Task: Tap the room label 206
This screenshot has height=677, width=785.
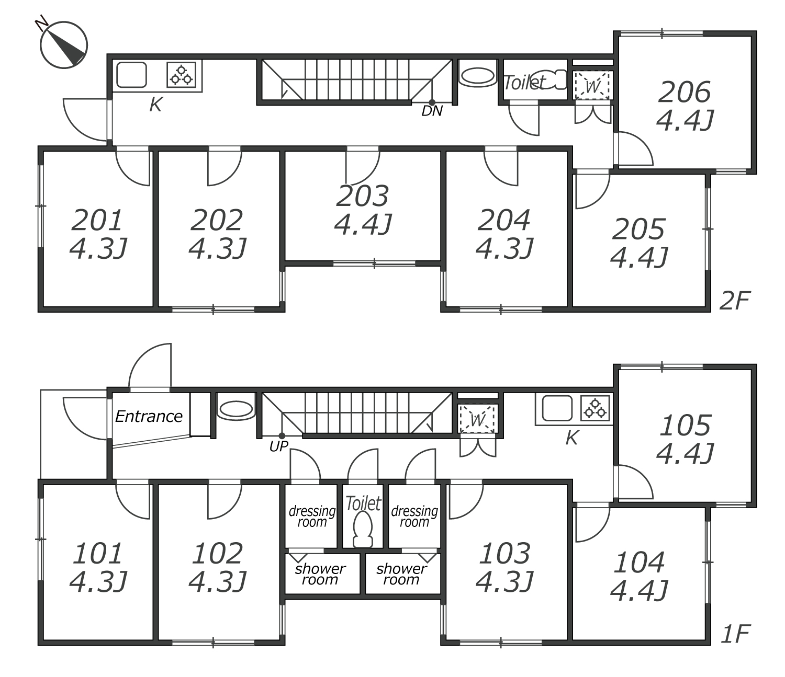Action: (x=685, y=92)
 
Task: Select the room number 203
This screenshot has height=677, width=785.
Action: (x=363, y=196)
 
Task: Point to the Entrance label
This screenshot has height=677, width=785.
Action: (x=149, y=417)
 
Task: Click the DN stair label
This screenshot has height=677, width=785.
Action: (x=432, y=111)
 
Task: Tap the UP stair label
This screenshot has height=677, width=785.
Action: (x=279, y=446)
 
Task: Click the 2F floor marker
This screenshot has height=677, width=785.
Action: (x=735, y=301)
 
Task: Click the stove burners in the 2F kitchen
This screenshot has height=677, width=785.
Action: (x=181, y=75)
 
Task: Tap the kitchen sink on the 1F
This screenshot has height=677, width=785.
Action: (x=557, y=408)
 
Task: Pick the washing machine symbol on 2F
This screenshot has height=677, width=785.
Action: (x=592, y=85)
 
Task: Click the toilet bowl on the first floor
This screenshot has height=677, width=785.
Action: (x=363, y=530)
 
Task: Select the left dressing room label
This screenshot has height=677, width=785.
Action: (x=312, y=517)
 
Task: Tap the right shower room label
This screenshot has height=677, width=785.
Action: (x=401, y=574)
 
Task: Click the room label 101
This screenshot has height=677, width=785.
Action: (x=98, y=553)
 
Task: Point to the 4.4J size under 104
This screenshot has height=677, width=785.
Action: (x=639, y=590)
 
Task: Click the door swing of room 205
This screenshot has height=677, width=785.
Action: (x=598, y=197)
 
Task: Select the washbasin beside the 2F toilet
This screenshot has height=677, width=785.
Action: (x=477, y=77)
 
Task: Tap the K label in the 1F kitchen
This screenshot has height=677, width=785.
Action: (x=572, y=438)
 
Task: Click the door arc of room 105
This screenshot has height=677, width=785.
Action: (x=642, y=476)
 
